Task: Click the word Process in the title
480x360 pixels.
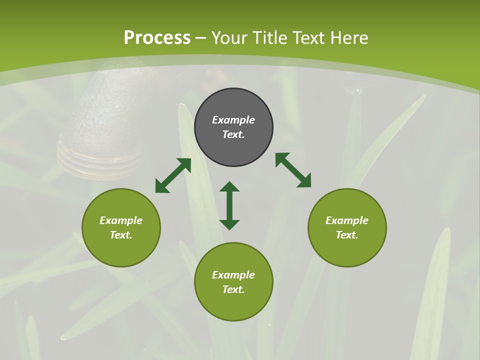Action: point(157,38)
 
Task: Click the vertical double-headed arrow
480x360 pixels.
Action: point(229,206)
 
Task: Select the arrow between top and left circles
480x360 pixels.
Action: point(173,175)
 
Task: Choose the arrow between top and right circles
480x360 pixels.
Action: point(293,170)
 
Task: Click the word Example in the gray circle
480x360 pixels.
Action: point(233,120)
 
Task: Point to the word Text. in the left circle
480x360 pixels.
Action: point(121,235)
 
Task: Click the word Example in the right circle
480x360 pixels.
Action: point(347,220)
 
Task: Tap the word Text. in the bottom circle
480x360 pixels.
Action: point(233,289)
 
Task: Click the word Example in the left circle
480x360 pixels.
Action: point(121,220)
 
